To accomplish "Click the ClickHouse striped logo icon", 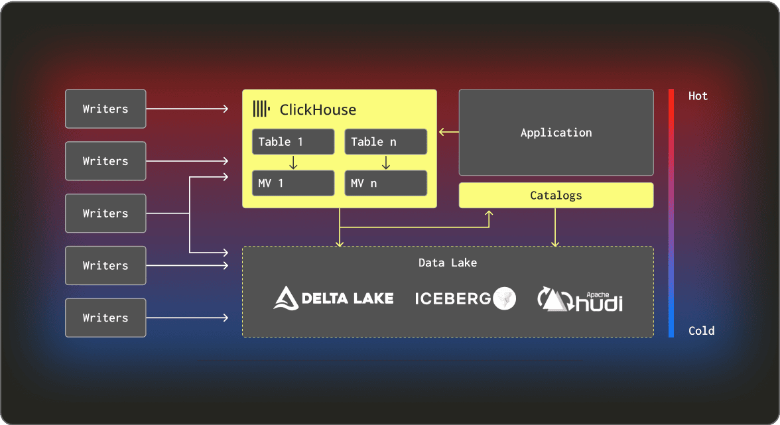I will point(261,109).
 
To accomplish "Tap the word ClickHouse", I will point(318,109).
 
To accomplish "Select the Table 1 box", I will point(292,142).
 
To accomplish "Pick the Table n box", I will point(385,142).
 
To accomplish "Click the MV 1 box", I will point(292,183).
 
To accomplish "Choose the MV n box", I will point(385,183).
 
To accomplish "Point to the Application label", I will point(556,133).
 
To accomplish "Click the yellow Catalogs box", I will point(556,196).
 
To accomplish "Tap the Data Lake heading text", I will point(448,263).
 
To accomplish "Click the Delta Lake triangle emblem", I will point(286,298).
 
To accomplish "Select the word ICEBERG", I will point(453,298).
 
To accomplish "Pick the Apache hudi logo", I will point(580,300).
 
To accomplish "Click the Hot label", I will point(698,96).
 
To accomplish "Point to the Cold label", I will point(701,331).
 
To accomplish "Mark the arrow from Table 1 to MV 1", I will point(292,162).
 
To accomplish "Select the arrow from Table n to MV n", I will point(385,162).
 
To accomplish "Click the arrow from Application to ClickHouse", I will point(448,133).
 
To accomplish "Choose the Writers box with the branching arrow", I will point(105,213).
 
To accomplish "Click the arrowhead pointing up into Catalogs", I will point(489,213).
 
